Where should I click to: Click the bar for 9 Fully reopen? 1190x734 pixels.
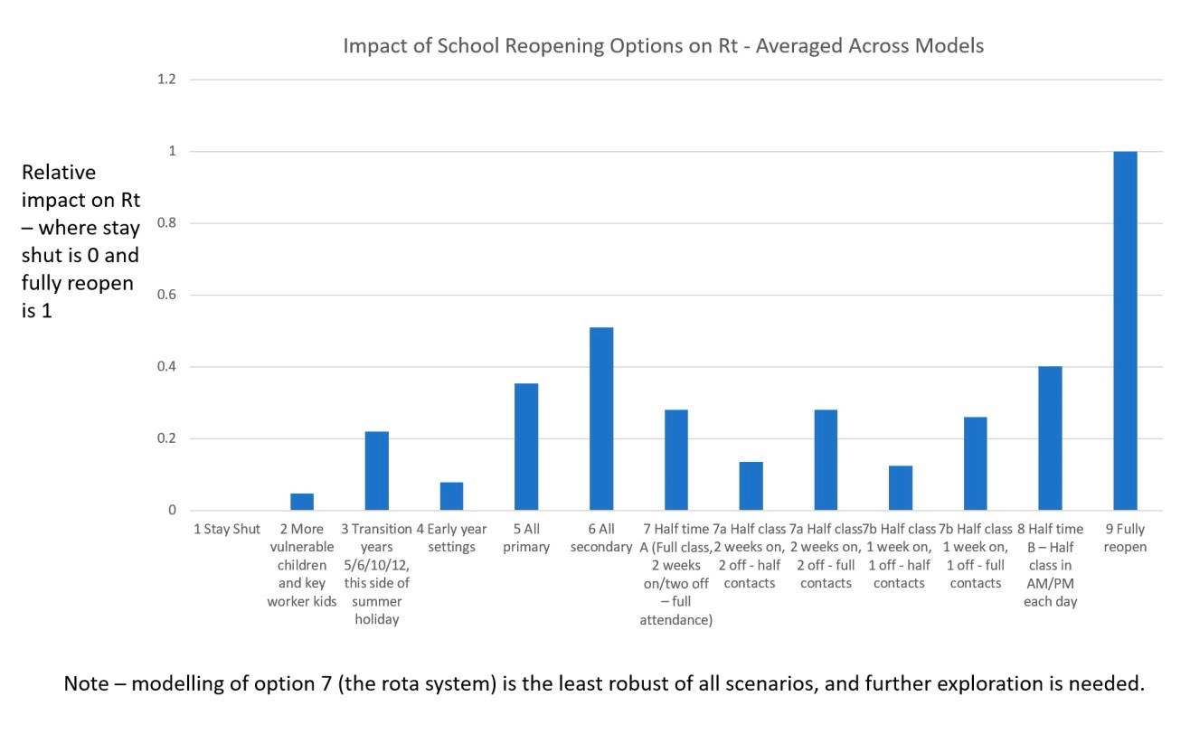pyautogui.click(x=1124, y=331)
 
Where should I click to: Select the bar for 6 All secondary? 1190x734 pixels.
pyautogui.click(x=601, y=419)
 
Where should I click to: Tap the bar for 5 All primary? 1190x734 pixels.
pyautogui.click(x=526, y=447)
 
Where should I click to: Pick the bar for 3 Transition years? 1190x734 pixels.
pyautogui.click(x=376, y=471)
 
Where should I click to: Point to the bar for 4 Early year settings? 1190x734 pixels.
pyautogui.click(x=451, y=496)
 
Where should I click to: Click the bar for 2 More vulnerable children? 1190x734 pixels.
pyautogui.click(x=302, y=503)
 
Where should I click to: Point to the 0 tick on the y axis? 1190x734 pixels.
pyautogui.click(x=171, y=511)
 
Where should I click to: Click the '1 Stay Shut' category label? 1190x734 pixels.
pyautogui.click(x=226, y=529)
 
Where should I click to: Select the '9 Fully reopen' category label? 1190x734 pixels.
pyautogui.click(x=1125, y=538)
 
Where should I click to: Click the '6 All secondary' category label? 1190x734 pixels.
pyautogui.click(x=601, y=538)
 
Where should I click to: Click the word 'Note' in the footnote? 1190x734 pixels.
pyautogui.click(x=87, y=683)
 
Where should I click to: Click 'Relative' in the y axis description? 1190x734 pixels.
pyautogui.click(x=59, y=172)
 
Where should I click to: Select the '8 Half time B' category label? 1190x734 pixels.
pyautogui.click(x=1050, y=565)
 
